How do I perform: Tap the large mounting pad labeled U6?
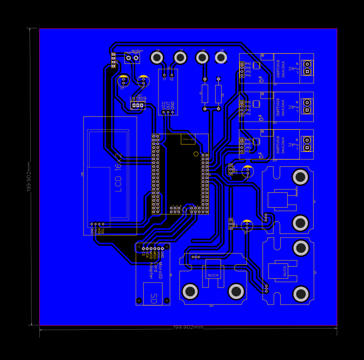tap(157, 58)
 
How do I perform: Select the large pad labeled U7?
tap(180, 58)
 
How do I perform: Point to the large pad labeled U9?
tap(202, 58)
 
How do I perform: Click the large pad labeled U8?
tap(221, 58)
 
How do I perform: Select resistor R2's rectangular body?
tap(218, 94)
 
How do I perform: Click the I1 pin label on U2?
tap(165, 79)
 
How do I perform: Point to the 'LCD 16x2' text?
tap(118, 172)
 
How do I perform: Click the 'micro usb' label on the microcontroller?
tap(188, 139)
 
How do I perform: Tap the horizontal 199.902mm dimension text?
tap(188, 327)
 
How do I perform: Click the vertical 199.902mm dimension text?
tap(29, 176)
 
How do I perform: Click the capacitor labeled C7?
tap(247, 172)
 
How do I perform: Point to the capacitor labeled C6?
tap(247, 226)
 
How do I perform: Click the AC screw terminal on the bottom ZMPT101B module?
tap(306, 144)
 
